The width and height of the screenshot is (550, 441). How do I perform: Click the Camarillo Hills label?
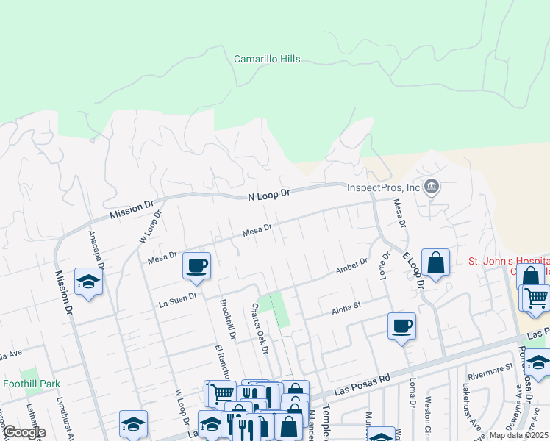coord(267,59)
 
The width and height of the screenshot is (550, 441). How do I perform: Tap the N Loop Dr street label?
coord(269,194)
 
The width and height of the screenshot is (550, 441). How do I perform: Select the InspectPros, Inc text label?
coord(383,187)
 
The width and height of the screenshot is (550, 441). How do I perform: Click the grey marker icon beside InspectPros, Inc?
coord(432,187)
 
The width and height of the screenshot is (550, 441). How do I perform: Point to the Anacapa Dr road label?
coord(96,248)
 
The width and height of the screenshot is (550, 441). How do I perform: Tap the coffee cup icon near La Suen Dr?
coord(196,266)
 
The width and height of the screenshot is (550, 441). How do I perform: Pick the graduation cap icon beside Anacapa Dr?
coord(88,282)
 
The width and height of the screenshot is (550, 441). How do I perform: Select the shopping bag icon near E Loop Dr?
coord(435,263)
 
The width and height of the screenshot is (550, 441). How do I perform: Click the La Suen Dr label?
coord(176,298)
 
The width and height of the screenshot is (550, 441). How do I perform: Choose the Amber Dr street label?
coord(351,265)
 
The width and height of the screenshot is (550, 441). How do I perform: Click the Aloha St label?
coord(347,306)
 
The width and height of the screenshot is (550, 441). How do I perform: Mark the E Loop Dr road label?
coord(414,270)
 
